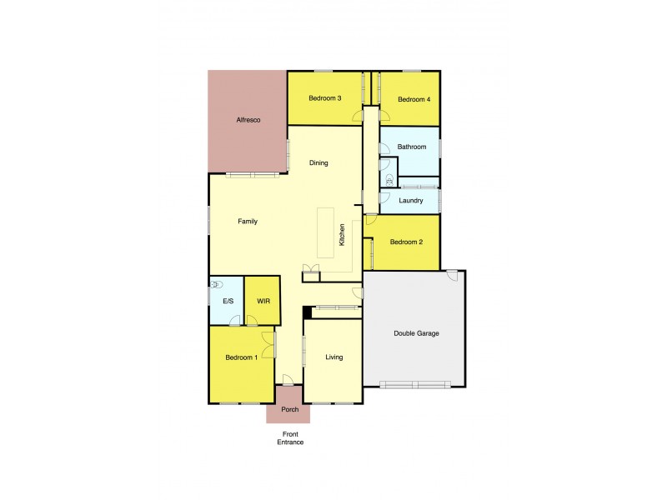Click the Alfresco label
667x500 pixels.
248,121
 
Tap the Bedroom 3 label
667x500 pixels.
324,99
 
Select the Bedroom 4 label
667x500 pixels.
414,100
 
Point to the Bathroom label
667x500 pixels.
412,147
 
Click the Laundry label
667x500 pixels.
411,201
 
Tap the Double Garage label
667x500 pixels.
416,334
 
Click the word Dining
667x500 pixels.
318,163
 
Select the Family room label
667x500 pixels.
248,222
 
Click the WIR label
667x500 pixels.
263,301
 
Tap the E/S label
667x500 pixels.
227,302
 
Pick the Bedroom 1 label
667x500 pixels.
241,357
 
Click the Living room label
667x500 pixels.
333,357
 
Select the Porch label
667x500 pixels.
290,410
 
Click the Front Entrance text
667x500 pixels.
290,438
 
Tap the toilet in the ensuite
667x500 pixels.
218,284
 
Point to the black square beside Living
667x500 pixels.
307,312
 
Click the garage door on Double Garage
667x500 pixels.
414,384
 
